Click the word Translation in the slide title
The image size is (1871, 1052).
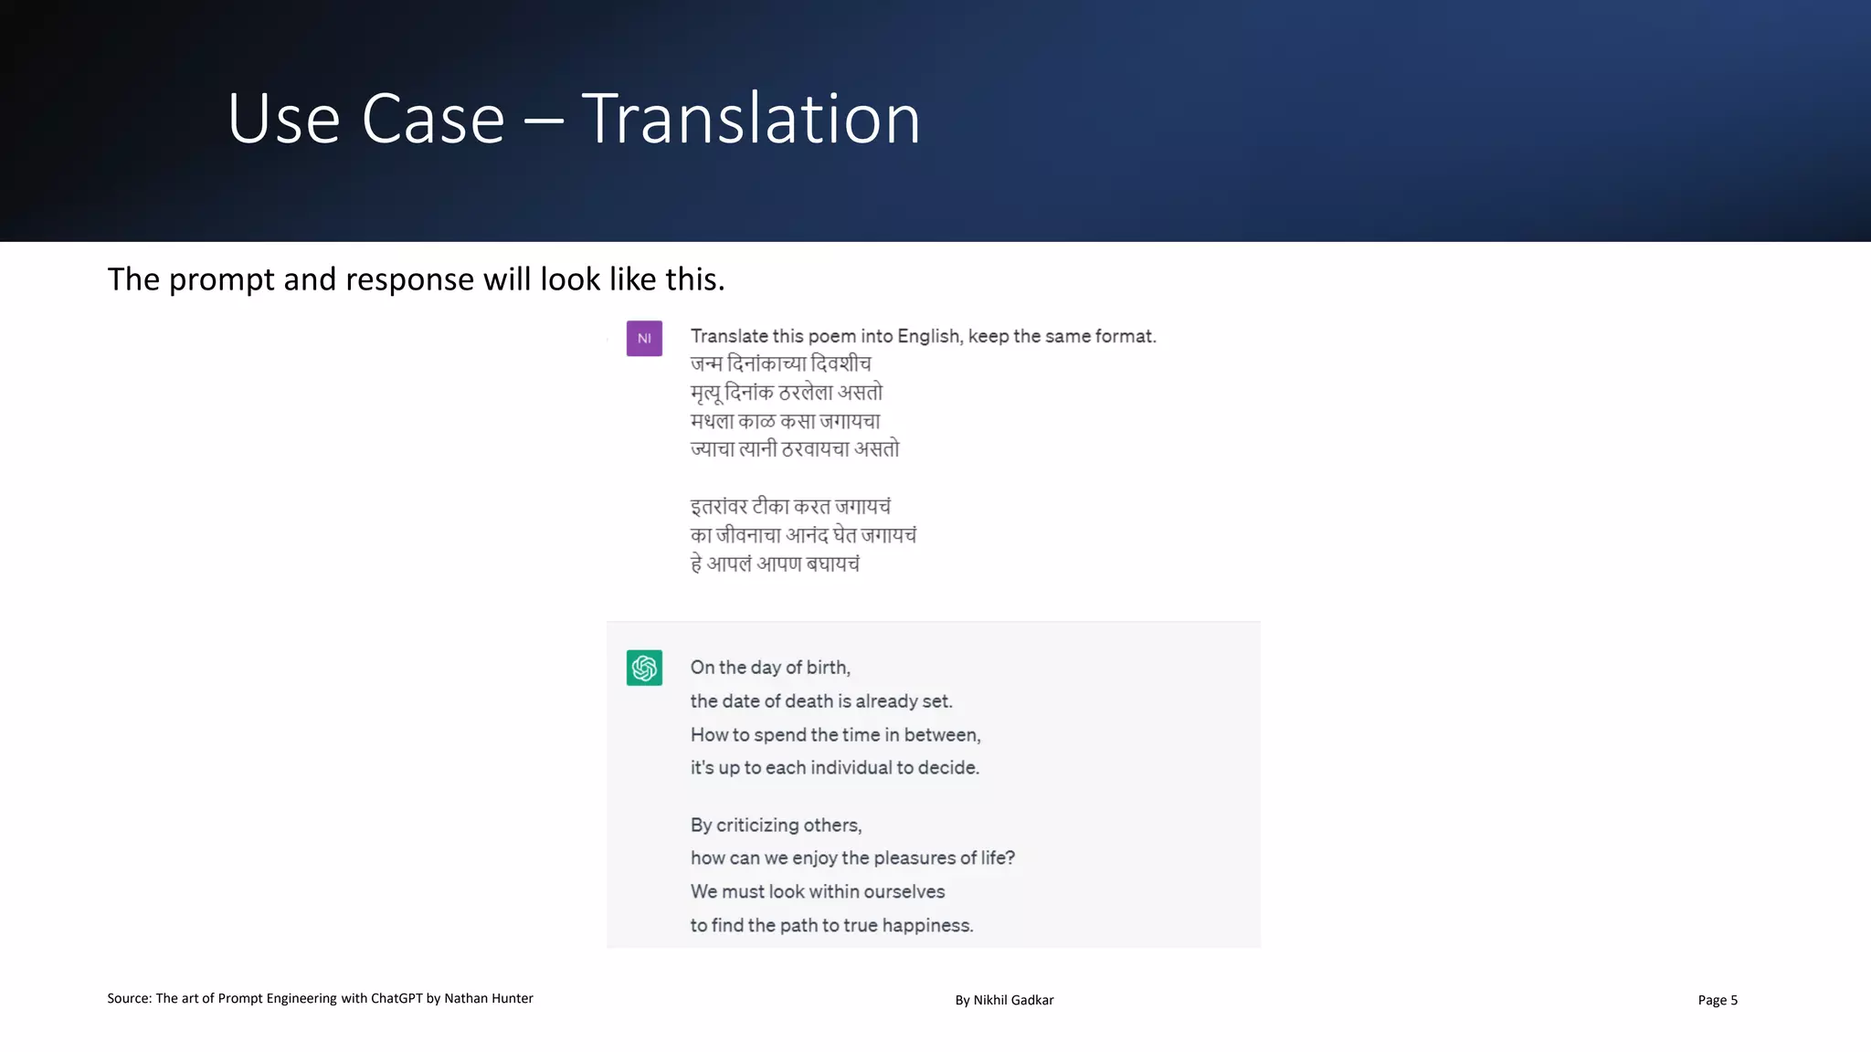[x=751, y=119]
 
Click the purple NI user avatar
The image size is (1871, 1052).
[x=644, y=339]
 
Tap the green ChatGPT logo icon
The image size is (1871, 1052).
[x=644, y=668]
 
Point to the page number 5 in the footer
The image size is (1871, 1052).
[x=1733, y=1000]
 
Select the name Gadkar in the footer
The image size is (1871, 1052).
[x=1032, y=1000]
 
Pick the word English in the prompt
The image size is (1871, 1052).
[x=929, y=336]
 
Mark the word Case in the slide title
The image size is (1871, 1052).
[x=433, y=119]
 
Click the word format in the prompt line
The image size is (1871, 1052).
[x=1125, y=336]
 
